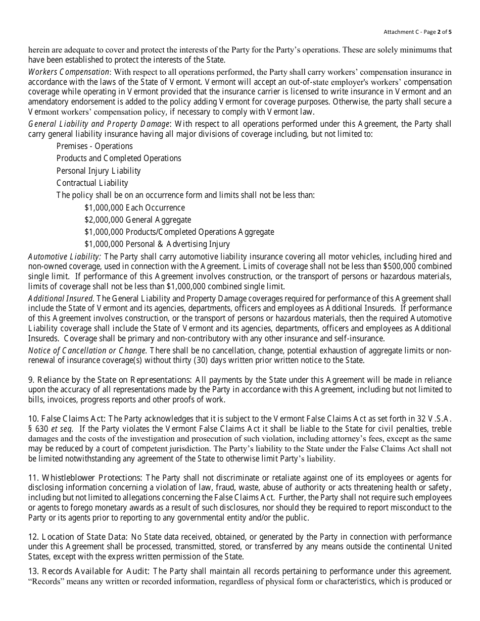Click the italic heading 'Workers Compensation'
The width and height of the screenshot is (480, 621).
coord(68,72)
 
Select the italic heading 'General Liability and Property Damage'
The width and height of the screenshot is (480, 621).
coord(99,124)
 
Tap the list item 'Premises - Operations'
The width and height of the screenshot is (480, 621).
coord(94,146)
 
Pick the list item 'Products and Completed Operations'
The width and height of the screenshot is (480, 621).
coord(119,159)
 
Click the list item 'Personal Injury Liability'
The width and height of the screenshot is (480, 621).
coord(99,171)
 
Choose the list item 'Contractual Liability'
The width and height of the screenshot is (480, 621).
coord(92,183)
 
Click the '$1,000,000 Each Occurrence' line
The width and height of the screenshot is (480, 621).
coord(134,208)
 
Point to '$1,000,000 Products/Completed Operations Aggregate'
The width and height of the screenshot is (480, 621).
coord(179,232)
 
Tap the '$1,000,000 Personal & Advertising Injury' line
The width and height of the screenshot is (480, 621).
coord(157,244)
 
